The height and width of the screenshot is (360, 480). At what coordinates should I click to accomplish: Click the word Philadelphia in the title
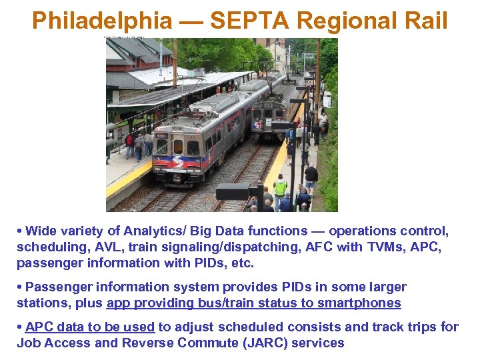[101, 21]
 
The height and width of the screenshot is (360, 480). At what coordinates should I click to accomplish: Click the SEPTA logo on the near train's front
[177, 162]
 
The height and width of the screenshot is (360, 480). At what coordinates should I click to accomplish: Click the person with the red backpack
[129, 142]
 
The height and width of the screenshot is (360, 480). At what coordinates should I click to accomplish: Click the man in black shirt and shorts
[311, 177]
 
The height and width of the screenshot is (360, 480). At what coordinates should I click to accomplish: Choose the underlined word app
[119, 303]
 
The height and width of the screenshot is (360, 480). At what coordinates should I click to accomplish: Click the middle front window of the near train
[178, 147]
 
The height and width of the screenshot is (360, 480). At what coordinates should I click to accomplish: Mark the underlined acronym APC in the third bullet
[39, 327]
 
